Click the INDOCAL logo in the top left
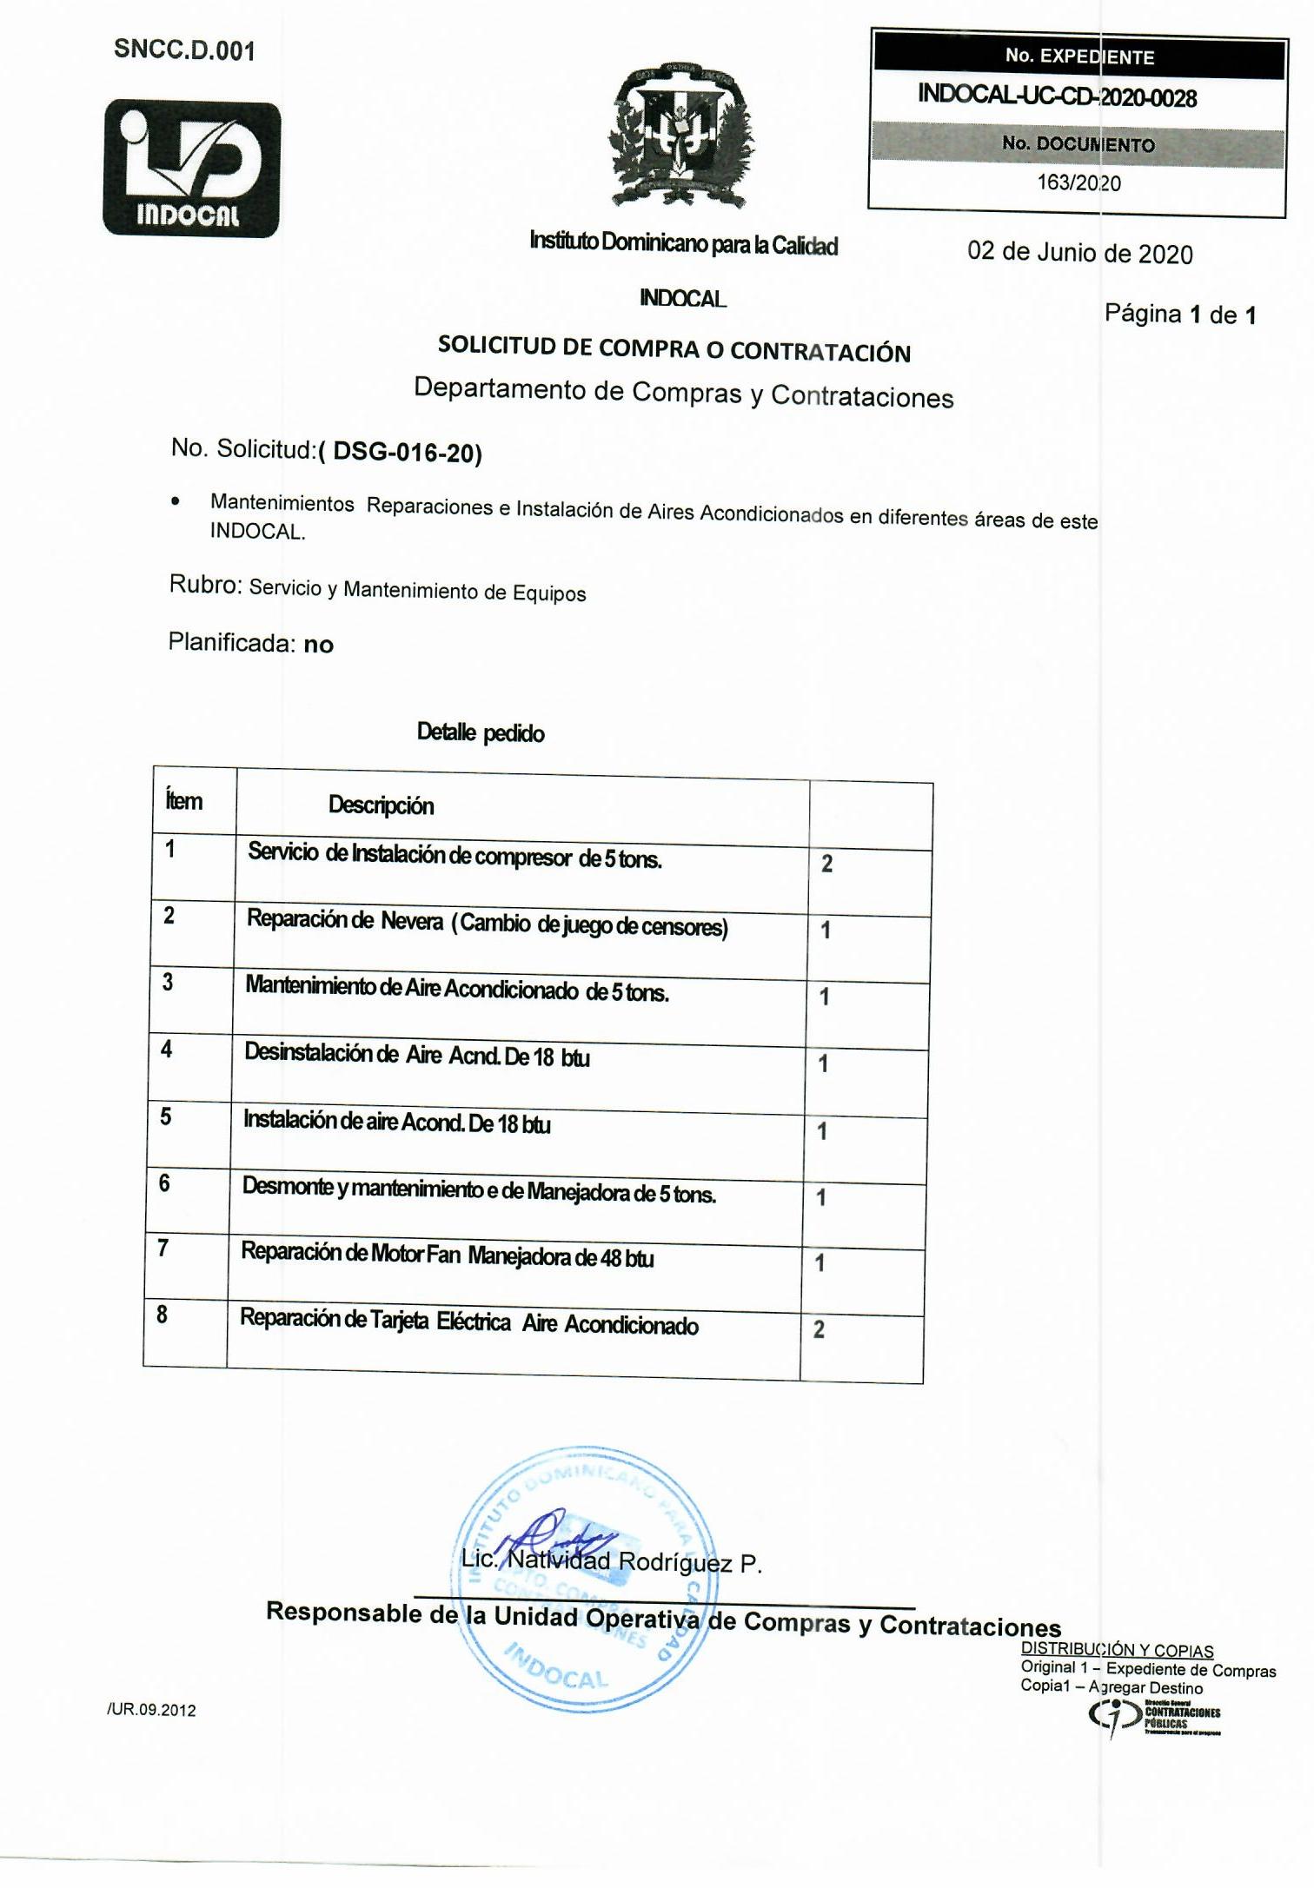(192, 169)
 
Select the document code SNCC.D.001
(184, 50)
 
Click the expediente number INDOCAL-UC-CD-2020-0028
(1057, 96)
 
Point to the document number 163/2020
(1078, 182)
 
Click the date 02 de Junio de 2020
(1079, 253)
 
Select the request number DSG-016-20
(405, 452)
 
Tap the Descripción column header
(381, 805)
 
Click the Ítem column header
(183, 800)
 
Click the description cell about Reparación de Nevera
(487, 923)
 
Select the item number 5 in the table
(165, 1116)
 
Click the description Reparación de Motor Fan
(447, 1255)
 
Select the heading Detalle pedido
(481, 732)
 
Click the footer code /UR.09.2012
(151, 1710)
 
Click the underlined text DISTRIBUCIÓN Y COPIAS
(1116, 1648)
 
